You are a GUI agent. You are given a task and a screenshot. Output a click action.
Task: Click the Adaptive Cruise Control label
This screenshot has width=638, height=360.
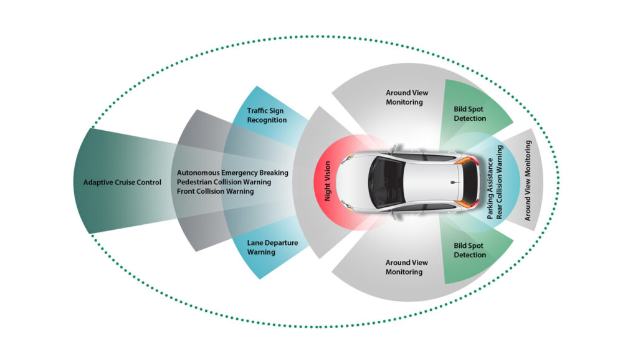click(x=122, y=182)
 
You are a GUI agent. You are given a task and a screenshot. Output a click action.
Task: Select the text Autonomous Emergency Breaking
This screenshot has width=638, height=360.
click(x=232, y=173)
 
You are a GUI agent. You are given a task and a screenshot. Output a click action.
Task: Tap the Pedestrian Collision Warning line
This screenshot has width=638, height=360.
click(x=224, y=182)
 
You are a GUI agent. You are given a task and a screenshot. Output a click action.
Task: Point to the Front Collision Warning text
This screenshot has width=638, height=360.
click(x=215, y=191)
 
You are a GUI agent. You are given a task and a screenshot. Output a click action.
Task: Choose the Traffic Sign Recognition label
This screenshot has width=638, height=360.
click(x=267, y=115)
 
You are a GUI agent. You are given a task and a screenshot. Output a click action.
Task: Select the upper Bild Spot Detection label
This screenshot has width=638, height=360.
click(x=470, y=113)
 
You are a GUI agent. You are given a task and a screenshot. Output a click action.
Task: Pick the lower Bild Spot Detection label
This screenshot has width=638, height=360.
click(x=470, y=250)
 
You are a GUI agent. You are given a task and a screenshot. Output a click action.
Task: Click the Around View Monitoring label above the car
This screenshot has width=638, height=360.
click(x=407, y=97)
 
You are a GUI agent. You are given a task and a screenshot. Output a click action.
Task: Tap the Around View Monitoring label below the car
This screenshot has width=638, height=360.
click(x=407, y=267)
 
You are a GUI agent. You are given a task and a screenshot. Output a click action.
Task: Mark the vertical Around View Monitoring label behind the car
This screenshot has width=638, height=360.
click(x=528, y=180)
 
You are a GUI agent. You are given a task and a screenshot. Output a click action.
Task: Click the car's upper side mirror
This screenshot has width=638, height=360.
click(x=393, y=150)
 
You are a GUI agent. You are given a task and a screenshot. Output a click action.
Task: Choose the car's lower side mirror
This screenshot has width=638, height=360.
click(x=393, y=214)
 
